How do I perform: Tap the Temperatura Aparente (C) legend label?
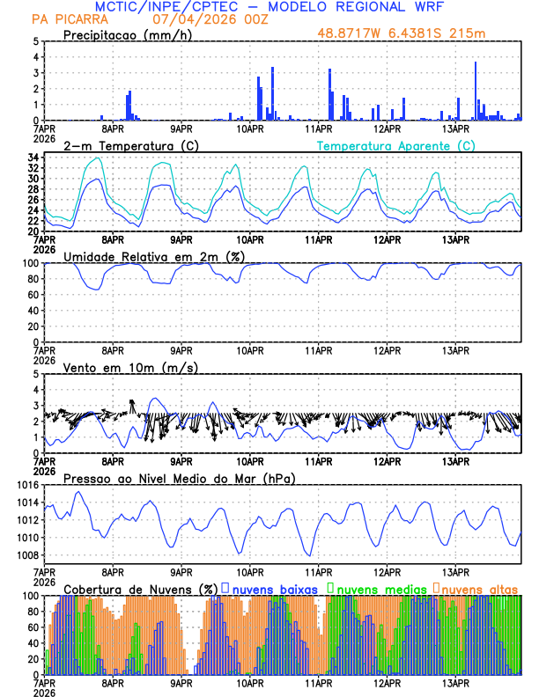395,145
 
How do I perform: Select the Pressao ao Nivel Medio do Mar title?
179,478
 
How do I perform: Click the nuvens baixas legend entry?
273,588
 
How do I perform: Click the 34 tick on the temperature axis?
33,158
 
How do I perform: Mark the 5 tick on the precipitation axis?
36,41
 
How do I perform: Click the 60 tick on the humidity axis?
33,295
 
